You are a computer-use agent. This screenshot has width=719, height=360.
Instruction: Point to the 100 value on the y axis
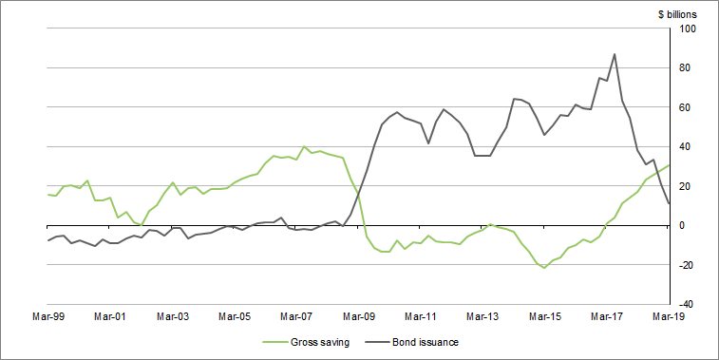pos(687,29)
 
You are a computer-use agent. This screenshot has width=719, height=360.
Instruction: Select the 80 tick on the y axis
pos(690,68)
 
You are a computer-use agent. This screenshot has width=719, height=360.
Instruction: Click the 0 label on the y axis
pos(692,225)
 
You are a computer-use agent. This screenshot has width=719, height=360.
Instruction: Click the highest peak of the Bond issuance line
pos(615,54)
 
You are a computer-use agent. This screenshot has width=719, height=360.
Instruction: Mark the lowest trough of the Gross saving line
pos(544,268)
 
